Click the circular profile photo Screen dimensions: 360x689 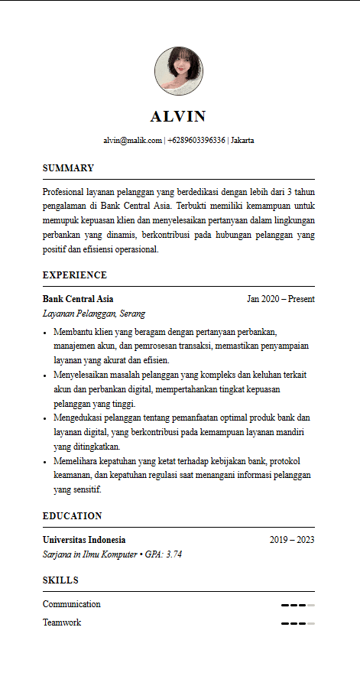pos(179,71)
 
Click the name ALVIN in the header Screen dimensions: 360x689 pos(178,116)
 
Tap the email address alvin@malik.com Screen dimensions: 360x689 pos(133,141)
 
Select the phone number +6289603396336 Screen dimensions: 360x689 pos(196,141)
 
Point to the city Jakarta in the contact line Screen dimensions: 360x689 pos(242,141)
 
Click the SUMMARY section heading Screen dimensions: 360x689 pos(68,168)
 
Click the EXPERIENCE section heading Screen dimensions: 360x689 pos(75,275)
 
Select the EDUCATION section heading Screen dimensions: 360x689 pos(72,516)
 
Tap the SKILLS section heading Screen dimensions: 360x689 pos(60,580)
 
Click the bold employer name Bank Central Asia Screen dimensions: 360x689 pos(78,299)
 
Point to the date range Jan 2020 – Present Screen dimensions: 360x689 pos(281,299)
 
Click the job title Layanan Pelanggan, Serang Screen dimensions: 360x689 pos(94,314)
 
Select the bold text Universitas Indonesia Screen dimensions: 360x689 pos(84,540)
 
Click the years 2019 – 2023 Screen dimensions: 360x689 pos(292,540)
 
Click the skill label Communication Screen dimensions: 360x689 pos(72,604)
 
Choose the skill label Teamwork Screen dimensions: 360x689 pos(62,622)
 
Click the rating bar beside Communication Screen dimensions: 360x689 pos(298,605)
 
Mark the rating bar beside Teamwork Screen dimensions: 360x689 pos(298,623)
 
